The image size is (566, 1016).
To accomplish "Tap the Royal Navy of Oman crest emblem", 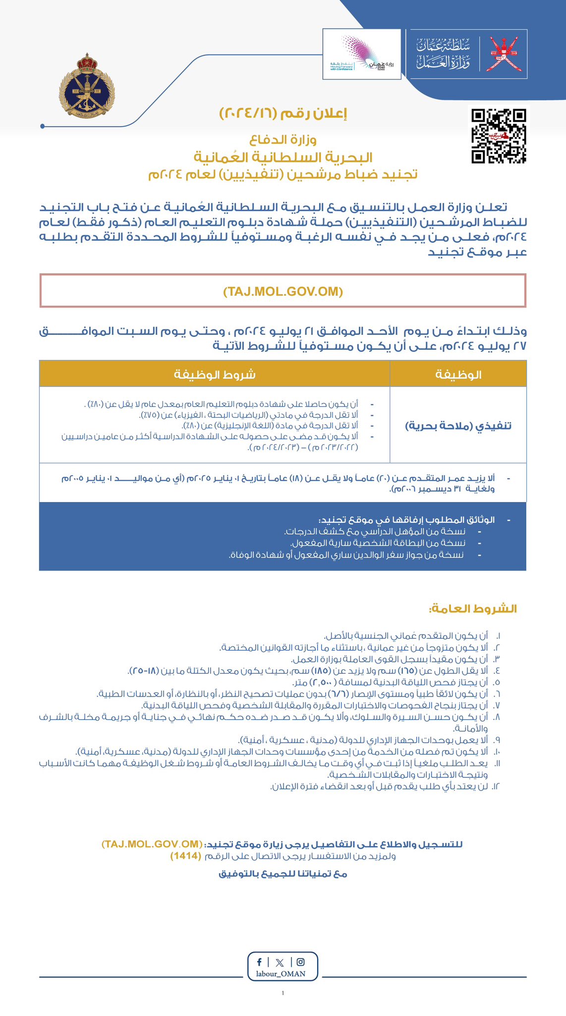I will pos(87,88).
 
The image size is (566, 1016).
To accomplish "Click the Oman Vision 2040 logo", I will pos(361,54).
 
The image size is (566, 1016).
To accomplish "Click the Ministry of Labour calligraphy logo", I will pos(443,54).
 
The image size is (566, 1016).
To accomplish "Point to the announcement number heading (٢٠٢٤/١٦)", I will pos(283,114).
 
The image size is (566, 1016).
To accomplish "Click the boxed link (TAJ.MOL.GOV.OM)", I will pos(283,291).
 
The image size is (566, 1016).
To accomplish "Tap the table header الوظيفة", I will pos(458,374).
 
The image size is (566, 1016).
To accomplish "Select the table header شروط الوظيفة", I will pos(215,374).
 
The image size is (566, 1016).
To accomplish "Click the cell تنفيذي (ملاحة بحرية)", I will pos(458,426).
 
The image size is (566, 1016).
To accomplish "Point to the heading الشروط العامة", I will pos(473,609).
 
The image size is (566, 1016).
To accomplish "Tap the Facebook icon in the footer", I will pos(260,962).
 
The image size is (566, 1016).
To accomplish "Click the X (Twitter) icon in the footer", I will pos(280,962).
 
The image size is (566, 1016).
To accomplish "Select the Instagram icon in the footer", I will pos(300,962).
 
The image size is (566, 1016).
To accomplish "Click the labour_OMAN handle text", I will pos(281,973).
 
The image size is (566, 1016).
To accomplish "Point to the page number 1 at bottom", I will pos(283,993).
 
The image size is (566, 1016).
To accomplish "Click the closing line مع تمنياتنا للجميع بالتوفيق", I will pos(283,874).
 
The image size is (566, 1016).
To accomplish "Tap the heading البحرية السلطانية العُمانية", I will pos(283,158).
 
